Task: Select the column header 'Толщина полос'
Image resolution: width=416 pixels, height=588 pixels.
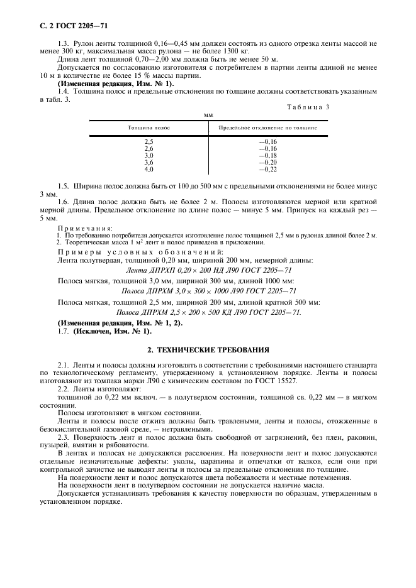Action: point(149,128)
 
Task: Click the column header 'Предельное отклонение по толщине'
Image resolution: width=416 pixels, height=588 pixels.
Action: point(267,128)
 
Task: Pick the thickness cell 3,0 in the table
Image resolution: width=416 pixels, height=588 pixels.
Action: point(149,155)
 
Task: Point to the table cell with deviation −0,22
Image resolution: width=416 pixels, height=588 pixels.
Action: point(267,169)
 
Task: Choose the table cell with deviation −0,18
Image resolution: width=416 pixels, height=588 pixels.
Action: point(267,155)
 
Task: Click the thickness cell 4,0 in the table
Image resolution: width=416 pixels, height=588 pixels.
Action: point(149,169)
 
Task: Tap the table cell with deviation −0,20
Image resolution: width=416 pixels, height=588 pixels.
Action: point(267,162)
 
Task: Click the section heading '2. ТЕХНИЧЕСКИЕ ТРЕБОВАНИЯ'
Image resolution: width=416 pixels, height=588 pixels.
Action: point(208,349)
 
